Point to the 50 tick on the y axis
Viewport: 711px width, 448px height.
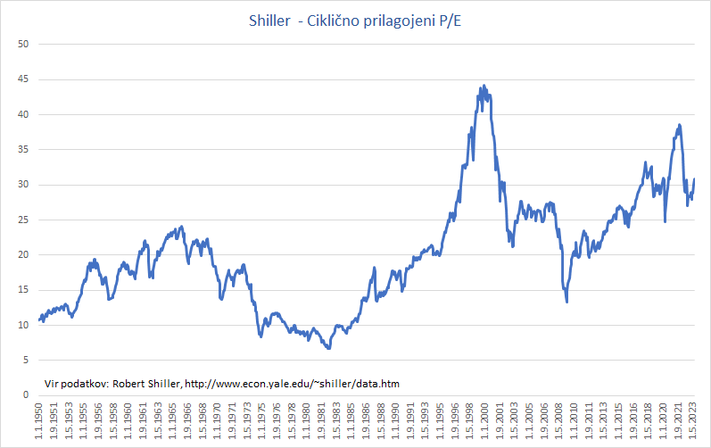pos(25,45)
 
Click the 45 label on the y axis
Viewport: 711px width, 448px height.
pos(25,79)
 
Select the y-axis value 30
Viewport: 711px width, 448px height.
pos(25,185)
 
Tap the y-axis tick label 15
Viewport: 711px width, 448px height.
pos(25,290)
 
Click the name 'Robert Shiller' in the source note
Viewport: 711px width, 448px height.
pos(145,384)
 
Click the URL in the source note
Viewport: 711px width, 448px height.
pos(293,384)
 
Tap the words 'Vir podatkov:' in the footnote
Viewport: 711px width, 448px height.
pos(74,384)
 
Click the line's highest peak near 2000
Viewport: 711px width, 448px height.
pos(484,87)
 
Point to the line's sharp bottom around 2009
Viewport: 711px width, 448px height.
pos(566,302)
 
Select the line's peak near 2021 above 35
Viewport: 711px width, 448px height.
pos(679,125)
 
